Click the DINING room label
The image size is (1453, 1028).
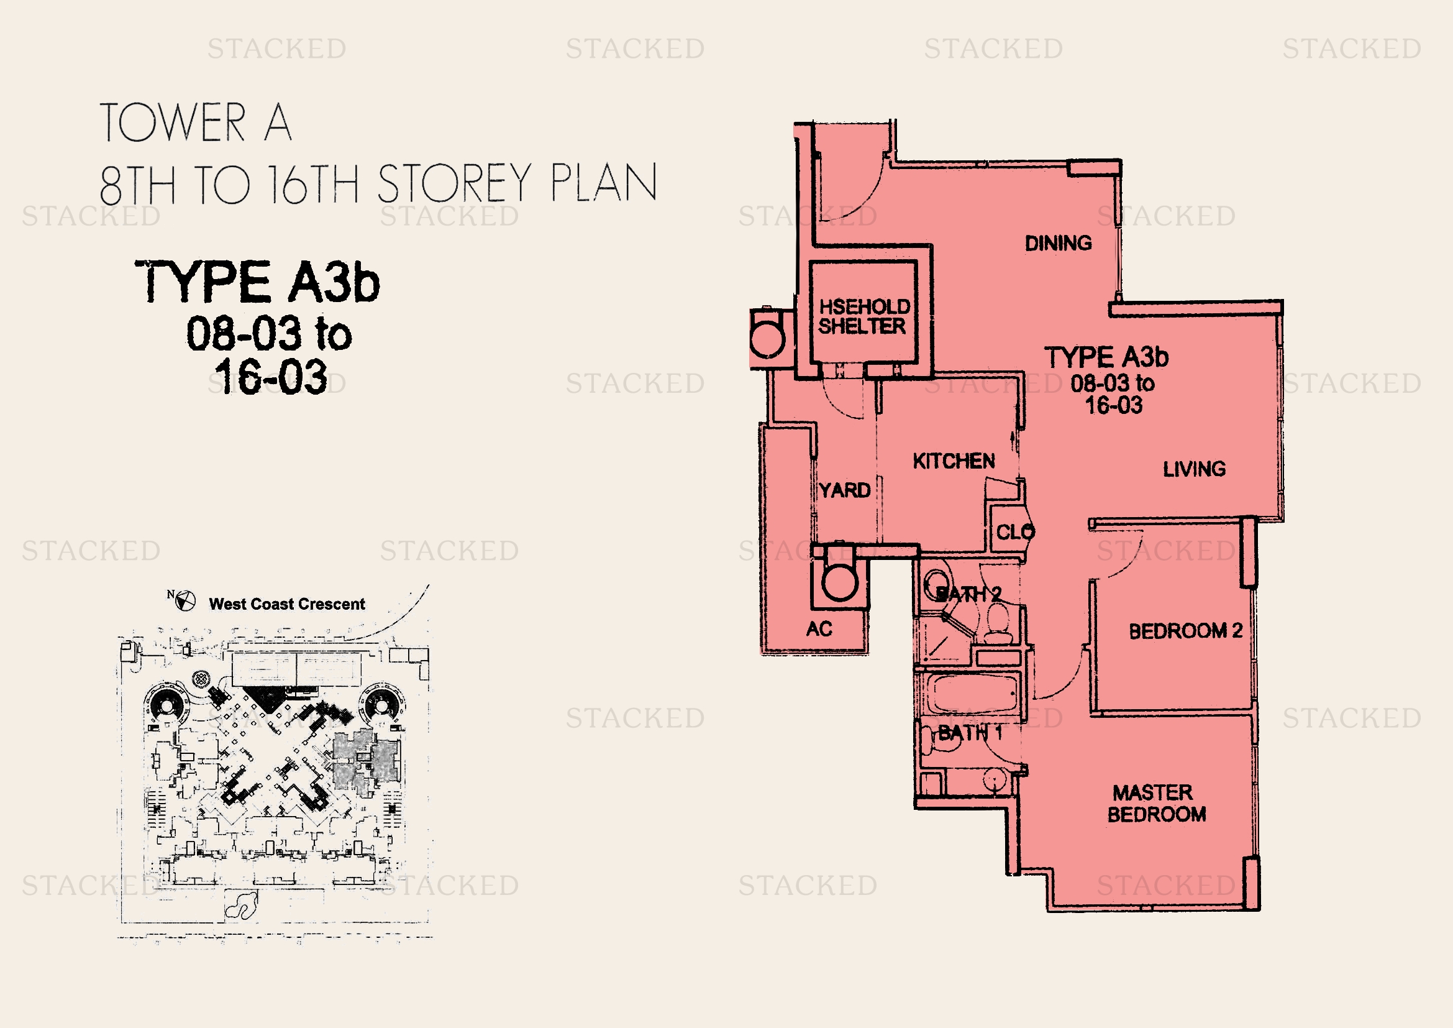(1058, 243)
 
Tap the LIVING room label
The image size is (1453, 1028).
(1194, 469)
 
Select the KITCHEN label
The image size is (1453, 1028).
(954, 461)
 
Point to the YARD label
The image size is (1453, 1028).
(844, 490)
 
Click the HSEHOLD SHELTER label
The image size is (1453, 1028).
(864, 316)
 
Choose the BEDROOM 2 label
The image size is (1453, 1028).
(1185, 630)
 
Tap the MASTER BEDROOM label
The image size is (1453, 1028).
(1156, 803)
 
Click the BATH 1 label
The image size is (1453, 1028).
(970, 733)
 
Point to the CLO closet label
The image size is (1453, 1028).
(1015, 532)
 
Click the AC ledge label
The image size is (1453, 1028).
(819, 628)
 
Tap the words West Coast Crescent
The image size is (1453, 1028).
(286, 604)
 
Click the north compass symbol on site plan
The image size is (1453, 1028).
(184, 601)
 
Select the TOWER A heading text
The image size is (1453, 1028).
(196, 122)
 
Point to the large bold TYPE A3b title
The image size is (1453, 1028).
(258, 282)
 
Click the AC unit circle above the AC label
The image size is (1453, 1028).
(839, 582)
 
